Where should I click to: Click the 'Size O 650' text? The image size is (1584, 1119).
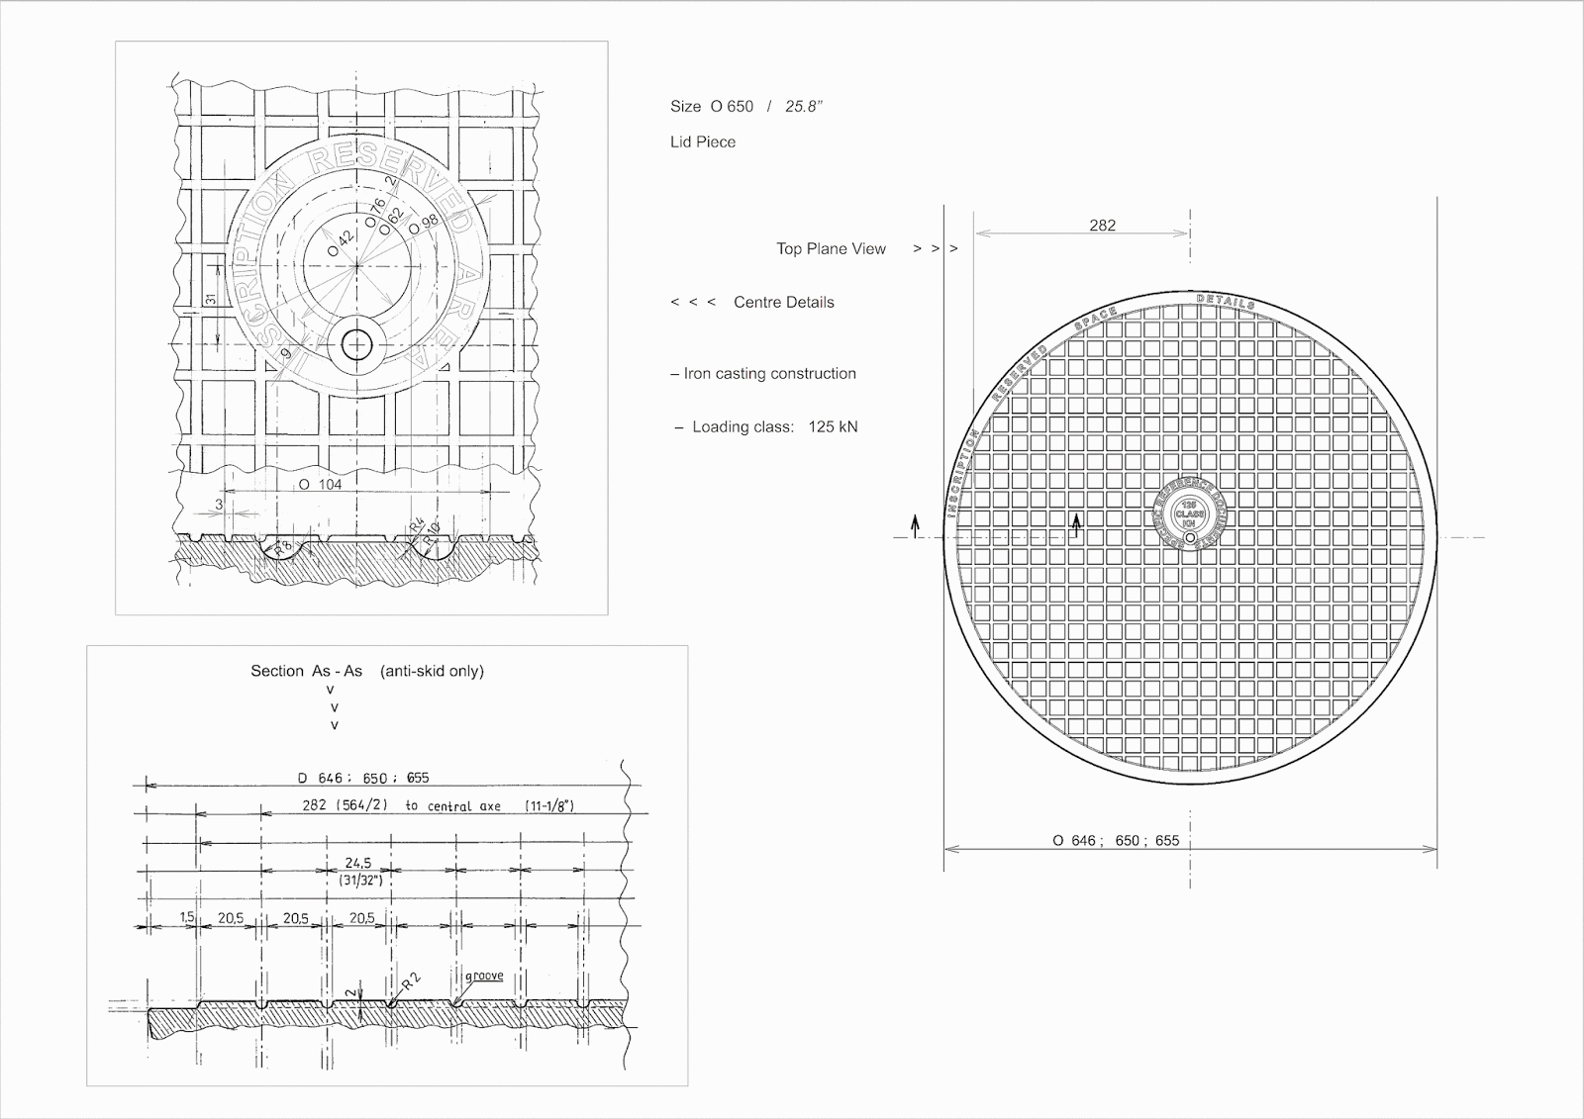[x=712, y=107]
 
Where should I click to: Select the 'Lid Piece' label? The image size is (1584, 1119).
[x=703, y=142]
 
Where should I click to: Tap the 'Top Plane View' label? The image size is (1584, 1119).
[x=831, y=249]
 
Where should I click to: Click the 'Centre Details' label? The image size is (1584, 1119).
[x=783, y=303]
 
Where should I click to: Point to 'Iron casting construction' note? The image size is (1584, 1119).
[x=769, y=374]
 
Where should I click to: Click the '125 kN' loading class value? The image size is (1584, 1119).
[x=833, y=427]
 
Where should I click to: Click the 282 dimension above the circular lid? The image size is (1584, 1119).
[x=1102, y=226]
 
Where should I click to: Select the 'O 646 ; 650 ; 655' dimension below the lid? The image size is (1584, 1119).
[x=1116, y=841]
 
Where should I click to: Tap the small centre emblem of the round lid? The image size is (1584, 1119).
[x=1189, y=514]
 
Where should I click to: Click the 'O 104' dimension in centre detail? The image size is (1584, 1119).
[x=320, y=484]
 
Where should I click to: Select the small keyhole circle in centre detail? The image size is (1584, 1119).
[x=357, y=345]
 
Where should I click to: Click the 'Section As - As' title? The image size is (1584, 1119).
[x=306, y=671]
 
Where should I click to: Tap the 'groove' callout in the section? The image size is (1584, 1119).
[x=484, y=976]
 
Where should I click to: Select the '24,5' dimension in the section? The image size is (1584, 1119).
[x=358, y=863]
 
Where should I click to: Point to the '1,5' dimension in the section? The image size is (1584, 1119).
[x=187, y=918]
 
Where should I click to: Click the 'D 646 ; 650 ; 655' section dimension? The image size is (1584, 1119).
[x=363, y=778]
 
